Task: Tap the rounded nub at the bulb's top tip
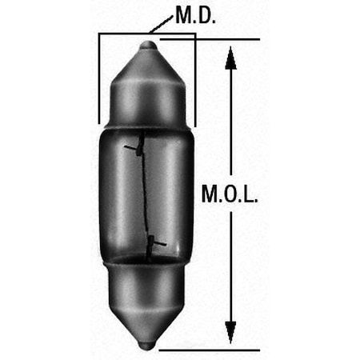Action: click(x=147, y=46)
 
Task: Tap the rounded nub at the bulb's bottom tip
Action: click(x=147, y=345)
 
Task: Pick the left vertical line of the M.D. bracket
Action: click(x=98, y=80)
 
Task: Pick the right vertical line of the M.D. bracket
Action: click(x=195, y=80)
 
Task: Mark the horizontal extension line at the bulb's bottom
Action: click(x=208, y=350)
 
